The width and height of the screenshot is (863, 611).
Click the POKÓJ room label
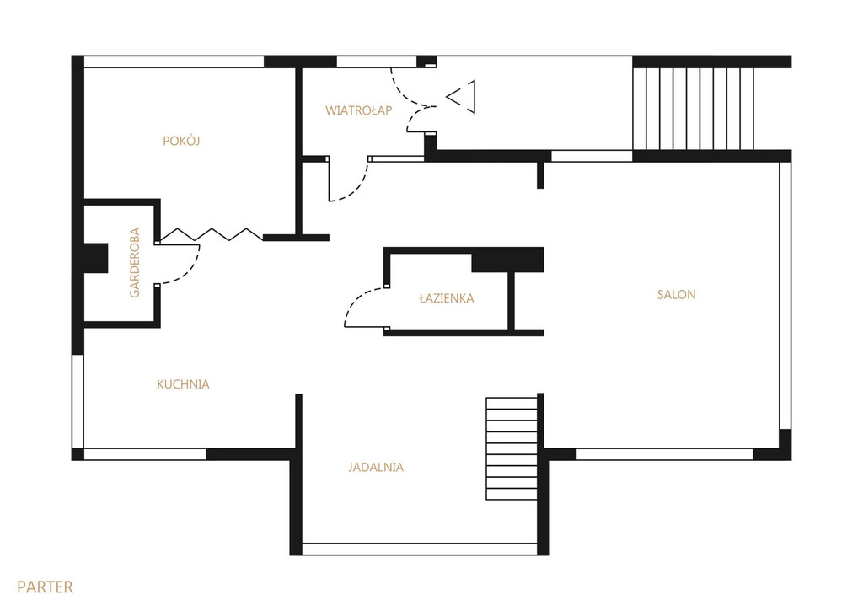tap(181, 141)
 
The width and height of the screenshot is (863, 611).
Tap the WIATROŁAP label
tap(358, 110)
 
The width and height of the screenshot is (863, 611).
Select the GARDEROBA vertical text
tap(134, 263)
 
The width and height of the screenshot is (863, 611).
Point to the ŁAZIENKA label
tap(447, 297)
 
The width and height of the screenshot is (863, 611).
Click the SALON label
tap(677, 294)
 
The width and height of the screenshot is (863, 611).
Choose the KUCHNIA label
tap(183, 384)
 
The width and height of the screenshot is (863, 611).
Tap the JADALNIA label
tap(376, 468)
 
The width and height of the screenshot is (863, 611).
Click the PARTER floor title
tap(45, 587)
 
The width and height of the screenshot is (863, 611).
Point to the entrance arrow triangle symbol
tap(461, 97)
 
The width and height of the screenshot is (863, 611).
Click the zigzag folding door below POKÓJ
tap(212, 234)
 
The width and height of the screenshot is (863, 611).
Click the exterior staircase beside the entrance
tap(693, 109)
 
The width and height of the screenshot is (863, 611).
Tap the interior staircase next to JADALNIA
tap(512, 448)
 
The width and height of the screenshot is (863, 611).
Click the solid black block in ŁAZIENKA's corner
tap(507, 260)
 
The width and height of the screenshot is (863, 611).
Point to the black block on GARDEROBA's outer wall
tap(95, 258)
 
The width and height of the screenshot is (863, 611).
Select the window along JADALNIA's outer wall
tap(420, 549)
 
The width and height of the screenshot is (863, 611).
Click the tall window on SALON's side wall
tap(785, 296)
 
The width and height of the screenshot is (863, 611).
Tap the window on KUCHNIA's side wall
tap(78, 402)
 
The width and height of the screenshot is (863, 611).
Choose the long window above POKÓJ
tap(174, 62)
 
